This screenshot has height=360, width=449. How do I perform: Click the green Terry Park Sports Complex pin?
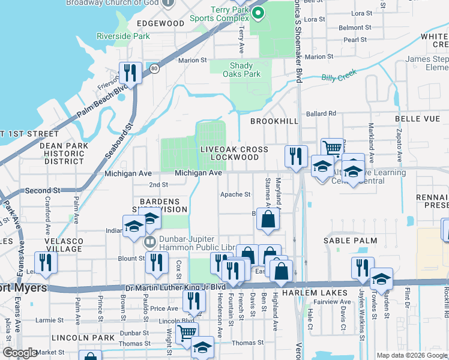tap(258, 13)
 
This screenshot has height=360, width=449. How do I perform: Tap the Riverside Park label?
tap(123, 36)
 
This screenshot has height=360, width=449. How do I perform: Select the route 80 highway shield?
tap(154, 67)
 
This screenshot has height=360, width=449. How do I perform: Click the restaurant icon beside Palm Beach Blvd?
tap(129, 73)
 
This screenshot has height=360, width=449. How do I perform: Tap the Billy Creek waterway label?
tap(339, 76)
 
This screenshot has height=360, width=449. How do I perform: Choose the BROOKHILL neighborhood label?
tap(274, 121)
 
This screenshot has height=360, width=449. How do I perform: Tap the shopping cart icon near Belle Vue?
tap(332, 147)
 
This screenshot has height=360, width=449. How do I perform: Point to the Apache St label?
tap(235, 194)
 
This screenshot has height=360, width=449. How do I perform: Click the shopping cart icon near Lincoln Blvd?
tap(187, 331)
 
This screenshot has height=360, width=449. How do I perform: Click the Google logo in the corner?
tap(19, 353)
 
